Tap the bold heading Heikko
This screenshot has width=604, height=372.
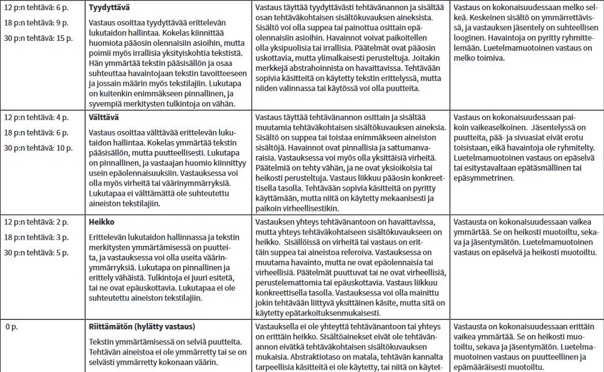point(102,222)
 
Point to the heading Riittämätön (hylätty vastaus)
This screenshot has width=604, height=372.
point(142,327)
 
